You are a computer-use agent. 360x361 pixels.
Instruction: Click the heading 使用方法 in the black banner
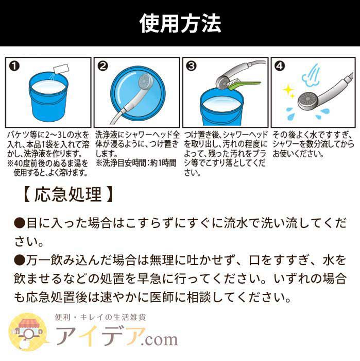[x=180, y=23]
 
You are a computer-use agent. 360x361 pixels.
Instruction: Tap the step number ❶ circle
[x=14, y=67]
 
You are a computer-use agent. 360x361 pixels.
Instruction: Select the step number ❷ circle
[x=102, y=67]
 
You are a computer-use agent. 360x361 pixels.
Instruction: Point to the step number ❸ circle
[x=191, y=67]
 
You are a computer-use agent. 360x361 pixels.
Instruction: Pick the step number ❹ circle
[x=280, y=67]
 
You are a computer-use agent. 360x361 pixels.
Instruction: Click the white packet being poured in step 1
[x=61, y=69]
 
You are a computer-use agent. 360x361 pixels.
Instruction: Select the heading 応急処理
[x=68, y=194]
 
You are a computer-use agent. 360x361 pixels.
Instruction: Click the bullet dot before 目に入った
[x=19, y=223]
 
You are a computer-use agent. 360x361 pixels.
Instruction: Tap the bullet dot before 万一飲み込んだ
[x=19, y=260]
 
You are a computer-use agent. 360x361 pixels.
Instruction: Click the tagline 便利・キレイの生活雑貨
[x=100, y=317]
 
